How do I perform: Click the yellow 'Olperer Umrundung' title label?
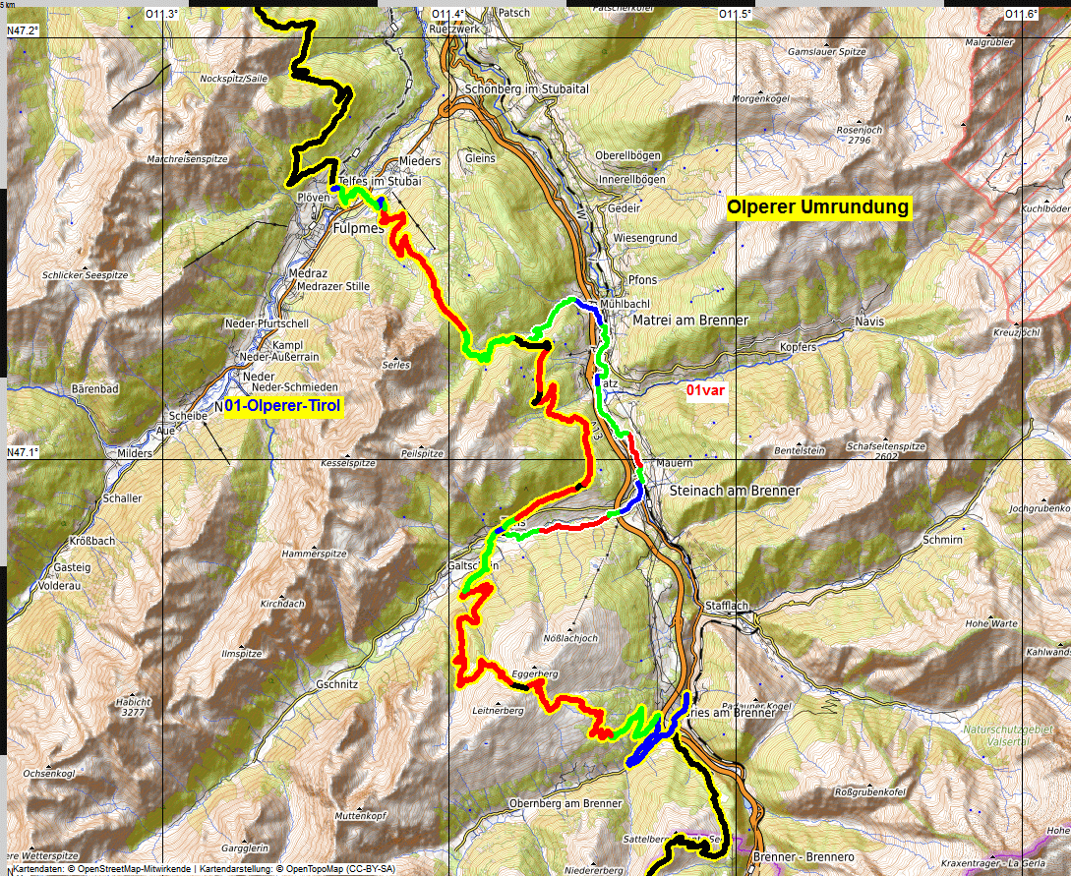(818, 207)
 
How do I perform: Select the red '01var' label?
(705, 390)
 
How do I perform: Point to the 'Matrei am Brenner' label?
(691, 321)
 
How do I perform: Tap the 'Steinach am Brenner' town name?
(734, 490)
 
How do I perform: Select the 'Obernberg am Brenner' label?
(565, 803)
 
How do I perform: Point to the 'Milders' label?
(135, 453)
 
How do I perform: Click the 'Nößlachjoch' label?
(570, 638)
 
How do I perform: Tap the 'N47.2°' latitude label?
(23, 30)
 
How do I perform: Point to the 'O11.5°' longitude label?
(735, 14)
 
